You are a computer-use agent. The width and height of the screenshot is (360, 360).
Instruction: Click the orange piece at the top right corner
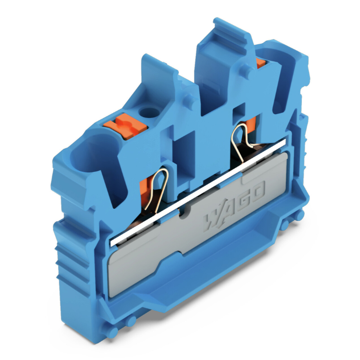click(260, 63)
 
